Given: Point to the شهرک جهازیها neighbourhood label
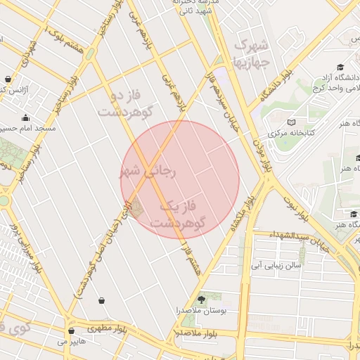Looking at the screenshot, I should click(x=251, y=53).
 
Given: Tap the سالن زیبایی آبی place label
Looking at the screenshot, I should click(x=278, y=266).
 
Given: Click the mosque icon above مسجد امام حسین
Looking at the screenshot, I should click(x=26, y=117).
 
